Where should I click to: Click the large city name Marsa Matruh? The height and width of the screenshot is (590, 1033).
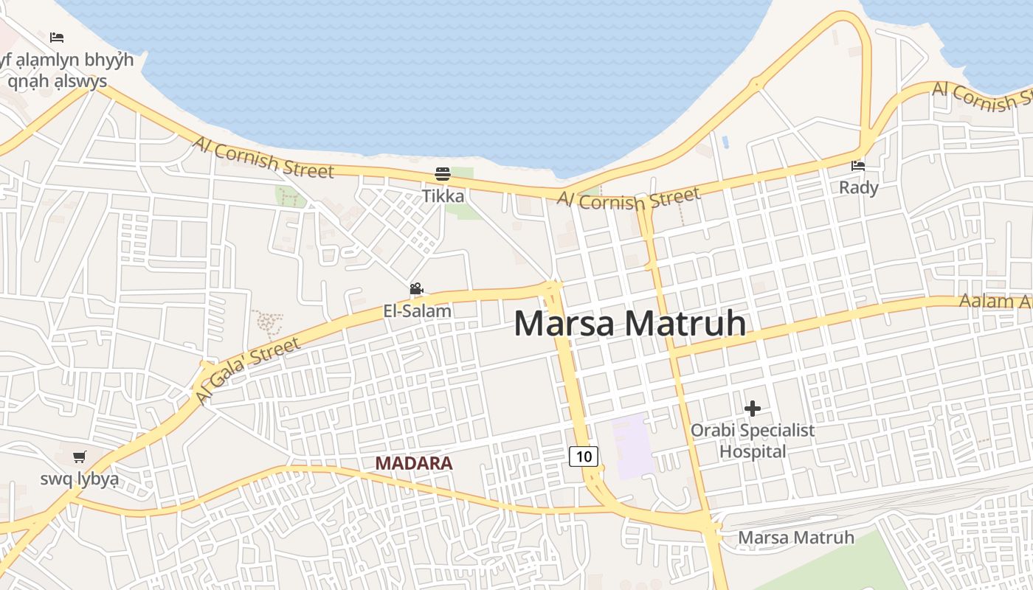coord(629,324)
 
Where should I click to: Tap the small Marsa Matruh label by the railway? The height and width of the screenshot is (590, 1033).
coord(795,538)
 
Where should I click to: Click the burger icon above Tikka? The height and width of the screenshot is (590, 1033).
coord(443,174)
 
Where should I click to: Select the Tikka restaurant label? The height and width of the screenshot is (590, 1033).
coord(443,196)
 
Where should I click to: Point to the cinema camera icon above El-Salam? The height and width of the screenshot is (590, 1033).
coord(416,288)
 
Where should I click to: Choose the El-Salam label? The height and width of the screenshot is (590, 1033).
coord(417,311)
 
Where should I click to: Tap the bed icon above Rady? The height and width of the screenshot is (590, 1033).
coord(858,166)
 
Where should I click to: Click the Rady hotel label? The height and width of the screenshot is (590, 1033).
coord(858,188)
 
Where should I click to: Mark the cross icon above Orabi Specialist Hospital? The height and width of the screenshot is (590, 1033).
coord(753,408)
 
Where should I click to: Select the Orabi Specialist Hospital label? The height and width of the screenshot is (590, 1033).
coord(753,440)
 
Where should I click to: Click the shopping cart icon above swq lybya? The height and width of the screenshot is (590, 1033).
coord(79,457)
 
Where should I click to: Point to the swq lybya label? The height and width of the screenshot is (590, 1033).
coord(79,479)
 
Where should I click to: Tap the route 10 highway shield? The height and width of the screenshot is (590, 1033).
coord(584,457)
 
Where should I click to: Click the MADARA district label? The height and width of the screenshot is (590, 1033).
coord(413,463)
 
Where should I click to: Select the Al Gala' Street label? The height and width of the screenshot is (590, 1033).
coord(248,370)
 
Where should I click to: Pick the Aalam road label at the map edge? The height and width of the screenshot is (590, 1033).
coord(995,301)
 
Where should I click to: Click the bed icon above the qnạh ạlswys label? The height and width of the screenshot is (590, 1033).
coord(57,37)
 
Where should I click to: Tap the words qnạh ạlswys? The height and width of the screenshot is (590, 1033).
coord(58,81)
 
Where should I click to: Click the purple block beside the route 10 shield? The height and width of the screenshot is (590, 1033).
coord(632,446)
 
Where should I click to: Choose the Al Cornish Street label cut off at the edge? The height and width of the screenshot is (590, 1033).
coord(981,96)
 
